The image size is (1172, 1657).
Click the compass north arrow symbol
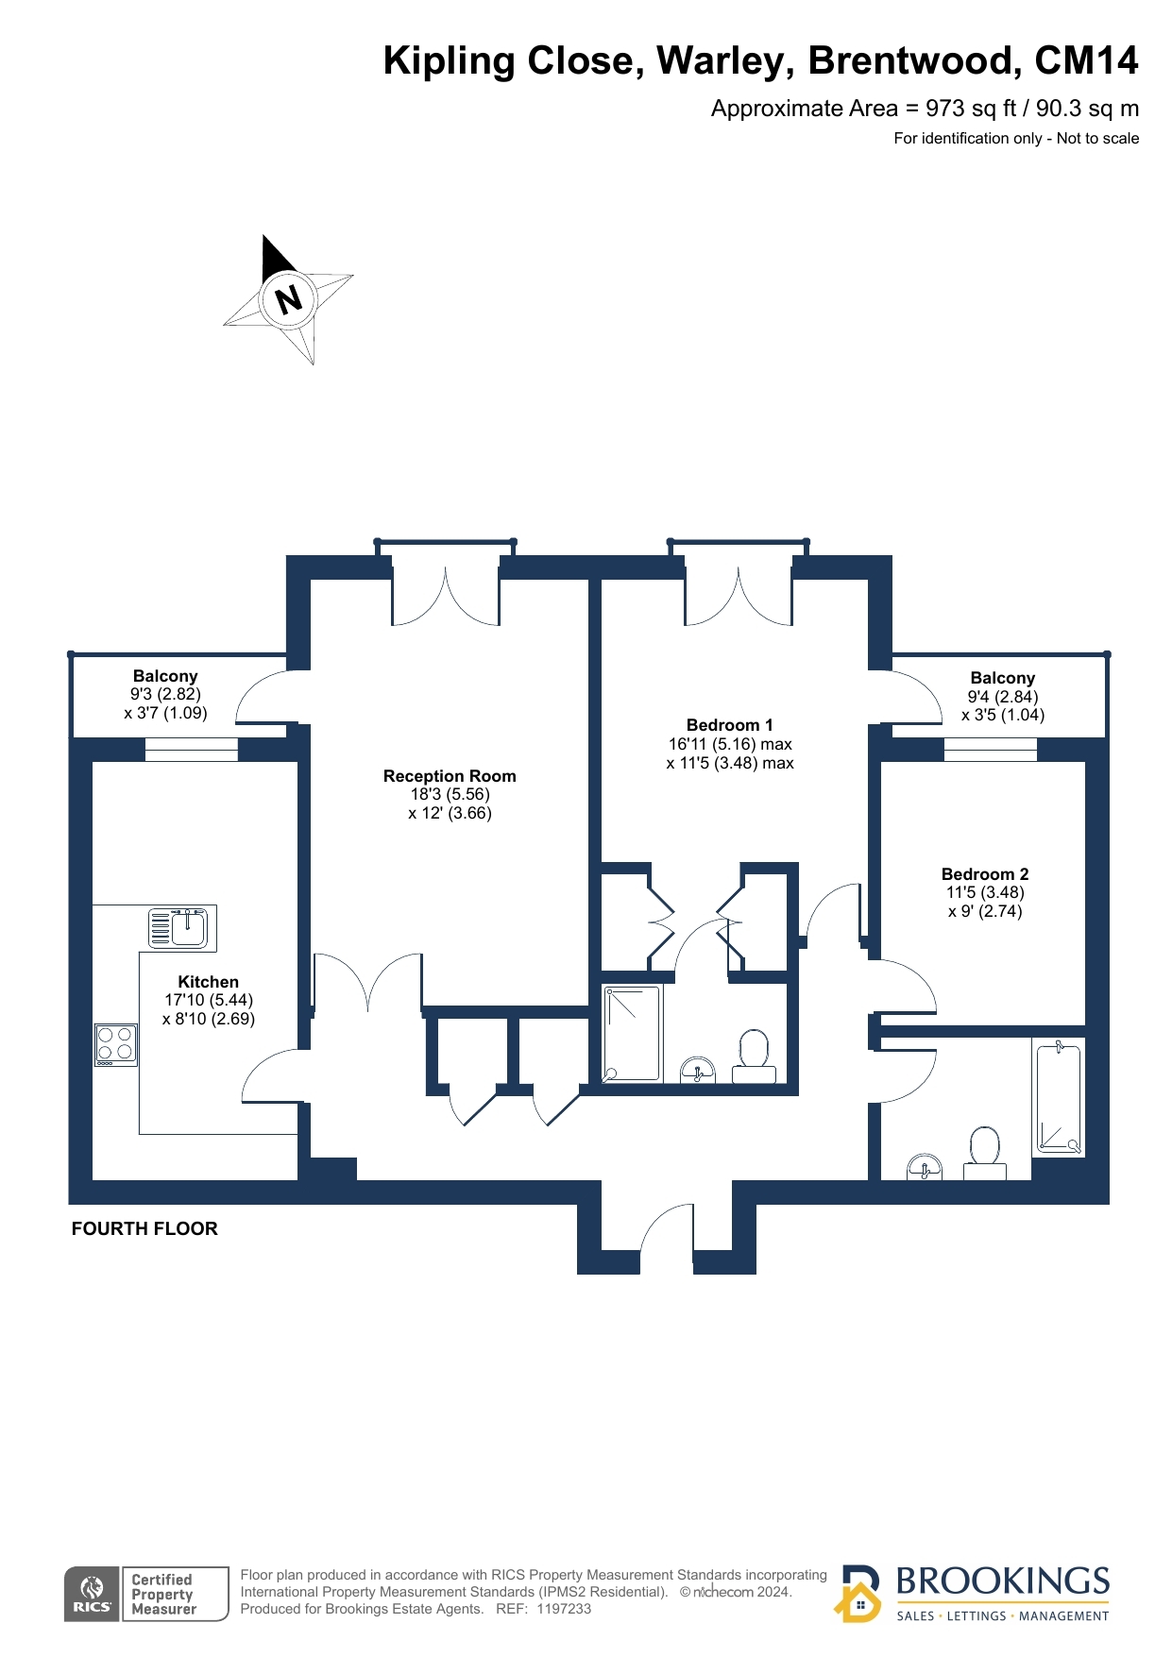288,299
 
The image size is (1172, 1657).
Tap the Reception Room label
450,776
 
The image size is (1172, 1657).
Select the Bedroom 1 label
729,725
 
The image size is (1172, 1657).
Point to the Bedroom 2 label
985,874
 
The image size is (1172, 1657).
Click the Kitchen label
209,982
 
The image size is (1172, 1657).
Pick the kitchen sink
182,927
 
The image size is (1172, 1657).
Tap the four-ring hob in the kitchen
116,1045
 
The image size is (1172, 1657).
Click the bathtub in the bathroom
1058,1098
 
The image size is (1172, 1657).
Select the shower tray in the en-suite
633,1033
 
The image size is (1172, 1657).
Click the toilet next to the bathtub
985,1153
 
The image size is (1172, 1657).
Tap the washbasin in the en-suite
698,1071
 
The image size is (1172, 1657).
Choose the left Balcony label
165,676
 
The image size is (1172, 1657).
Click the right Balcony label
1003,678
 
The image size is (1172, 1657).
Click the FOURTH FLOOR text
144,1228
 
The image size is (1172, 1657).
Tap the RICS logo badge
93,1594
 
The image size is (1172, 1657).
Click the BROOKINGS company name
1002,1581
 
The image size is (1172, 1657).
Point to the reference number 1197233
564,1609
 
